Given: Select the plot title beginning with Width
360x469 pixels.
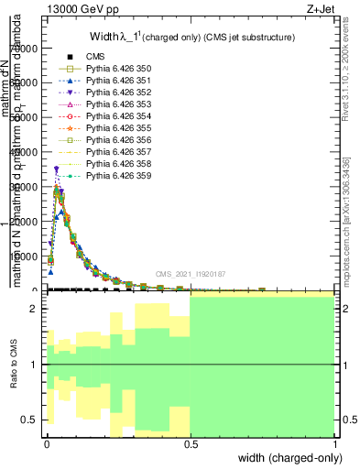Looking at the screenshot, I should pyautogui.click(x=191, y=38).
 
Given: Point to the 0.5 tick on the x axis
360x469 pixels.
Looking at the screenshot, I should pyautogui.click(x=191, y=443).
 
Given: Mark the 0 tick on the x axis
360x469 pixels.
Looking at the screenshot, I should pyautogui.click(x=46, y=443).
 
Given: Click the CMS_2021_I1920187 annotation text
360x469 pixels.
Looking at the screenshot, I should pyautogui.click(x=195, y=273).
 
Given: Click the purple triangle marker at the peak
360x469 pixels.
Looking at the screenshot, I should pyautogui.click(x=57, y=169).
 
